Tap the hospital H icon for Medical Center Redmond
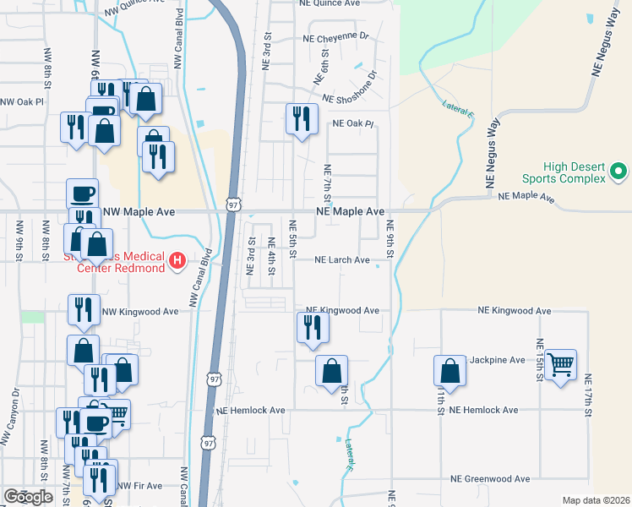(177, 261)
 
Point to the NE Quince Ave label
(329, 3)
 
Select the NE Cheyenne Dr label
(335, 37)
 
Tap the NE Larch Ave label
(342, 260)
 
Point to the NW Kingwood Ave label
(140, 312)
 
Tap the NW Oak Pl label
(22, 101)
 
